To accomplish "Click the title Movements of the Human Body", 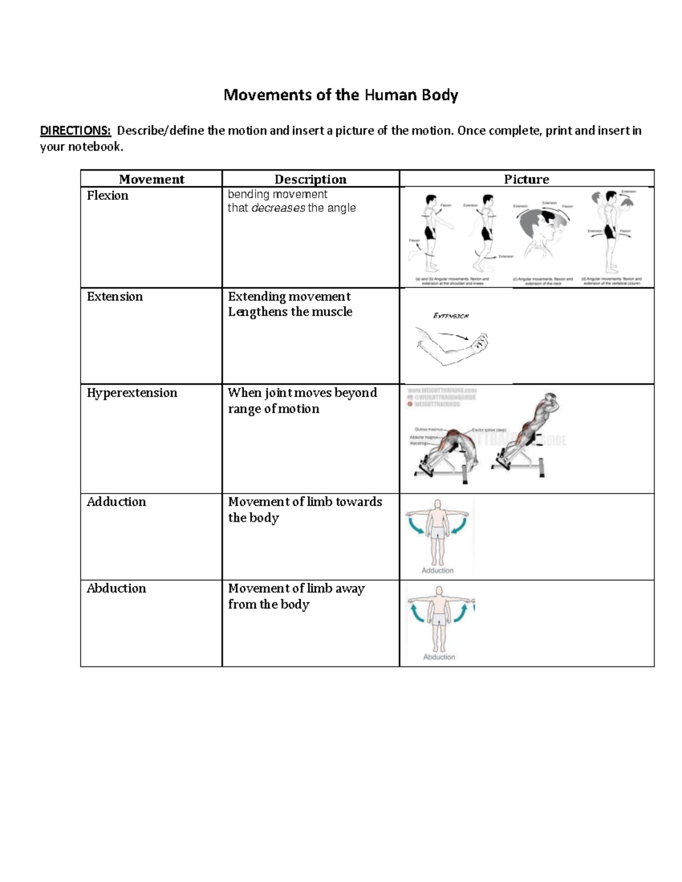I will coord(340,95).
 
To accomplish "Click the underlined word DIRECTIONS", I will coord(75,131).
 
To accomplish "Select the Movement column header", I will coord(151,179).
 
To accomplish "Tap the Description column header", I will coord(310,179).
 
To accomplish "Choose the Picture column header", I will coord(526,179).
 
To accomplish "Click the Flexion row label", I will coord(107,196).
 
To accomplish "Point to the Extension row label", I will coord(115,297).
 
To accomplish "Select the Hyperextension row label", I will coord(132,393).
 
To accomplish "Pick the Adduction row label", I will coord(117,502).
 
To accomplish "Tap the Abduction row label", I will coord(117,588).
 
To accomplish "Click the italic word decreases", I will coord(278,208).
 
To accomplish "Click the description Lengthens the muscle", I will coord(290,312).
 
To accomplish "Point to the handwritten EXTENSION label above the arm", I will coord(451,316).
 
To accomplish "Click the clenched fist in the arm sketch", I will coord(479,342).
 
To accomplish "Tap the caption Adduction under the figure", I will coord(438,570).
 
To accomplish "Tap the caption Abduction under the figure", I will coord(439,657).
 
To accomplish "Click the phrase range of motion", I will coord(273,409).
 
